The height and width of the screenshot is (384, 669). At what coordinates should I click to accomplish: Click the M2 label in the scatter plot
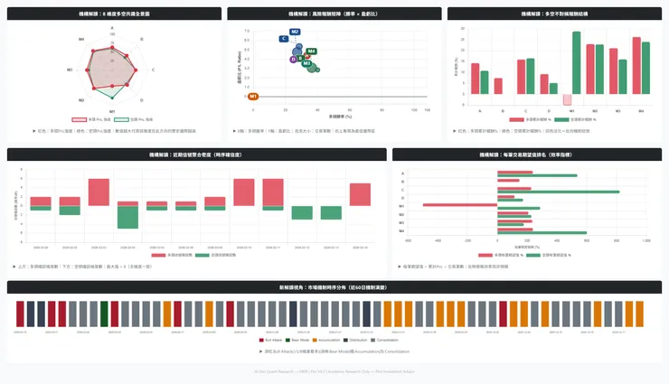tap(295, 32)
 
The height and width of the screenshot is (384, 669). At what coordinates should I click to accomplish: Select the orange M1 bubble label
tap(253, 96)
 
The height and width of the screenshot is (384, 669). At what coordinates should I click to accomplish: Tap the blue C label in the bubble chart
tap(284, 39)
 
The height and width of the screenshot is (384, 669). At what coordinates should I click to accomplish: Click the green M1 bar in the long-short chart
tap(576, 63)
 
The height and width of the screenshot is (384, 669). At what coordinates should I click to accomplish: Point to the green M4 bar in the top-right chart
tap(645, 68)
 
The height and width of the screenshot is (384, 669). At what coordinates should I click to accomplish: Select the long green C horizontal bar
tap(558, 192)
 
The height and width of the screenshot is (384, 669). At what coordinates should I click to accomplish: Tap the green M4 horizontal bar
tap(542, 232)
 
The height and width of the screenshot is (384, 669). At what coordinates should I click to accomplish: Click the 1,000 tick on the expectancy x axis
tap(645, 240)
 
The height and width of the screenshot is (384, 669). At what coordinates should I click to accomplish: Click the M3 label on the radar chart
tap(81, 100)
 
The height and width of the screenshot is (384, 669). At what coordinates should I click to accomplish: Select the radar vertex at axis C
tap(145, 70)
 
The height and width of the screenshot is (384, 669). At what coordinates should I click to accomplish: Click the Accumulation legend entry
tap(331, 340)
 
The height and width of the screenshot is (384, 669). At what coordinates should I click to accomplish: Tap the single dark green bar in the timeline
tap(104, 314)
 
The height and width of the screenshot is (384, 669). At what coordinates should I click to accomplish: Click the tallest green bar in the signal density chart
tap(127, 217)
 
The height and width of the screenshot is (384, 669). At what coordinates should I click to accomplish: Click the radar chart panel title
tap(114, 14)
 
